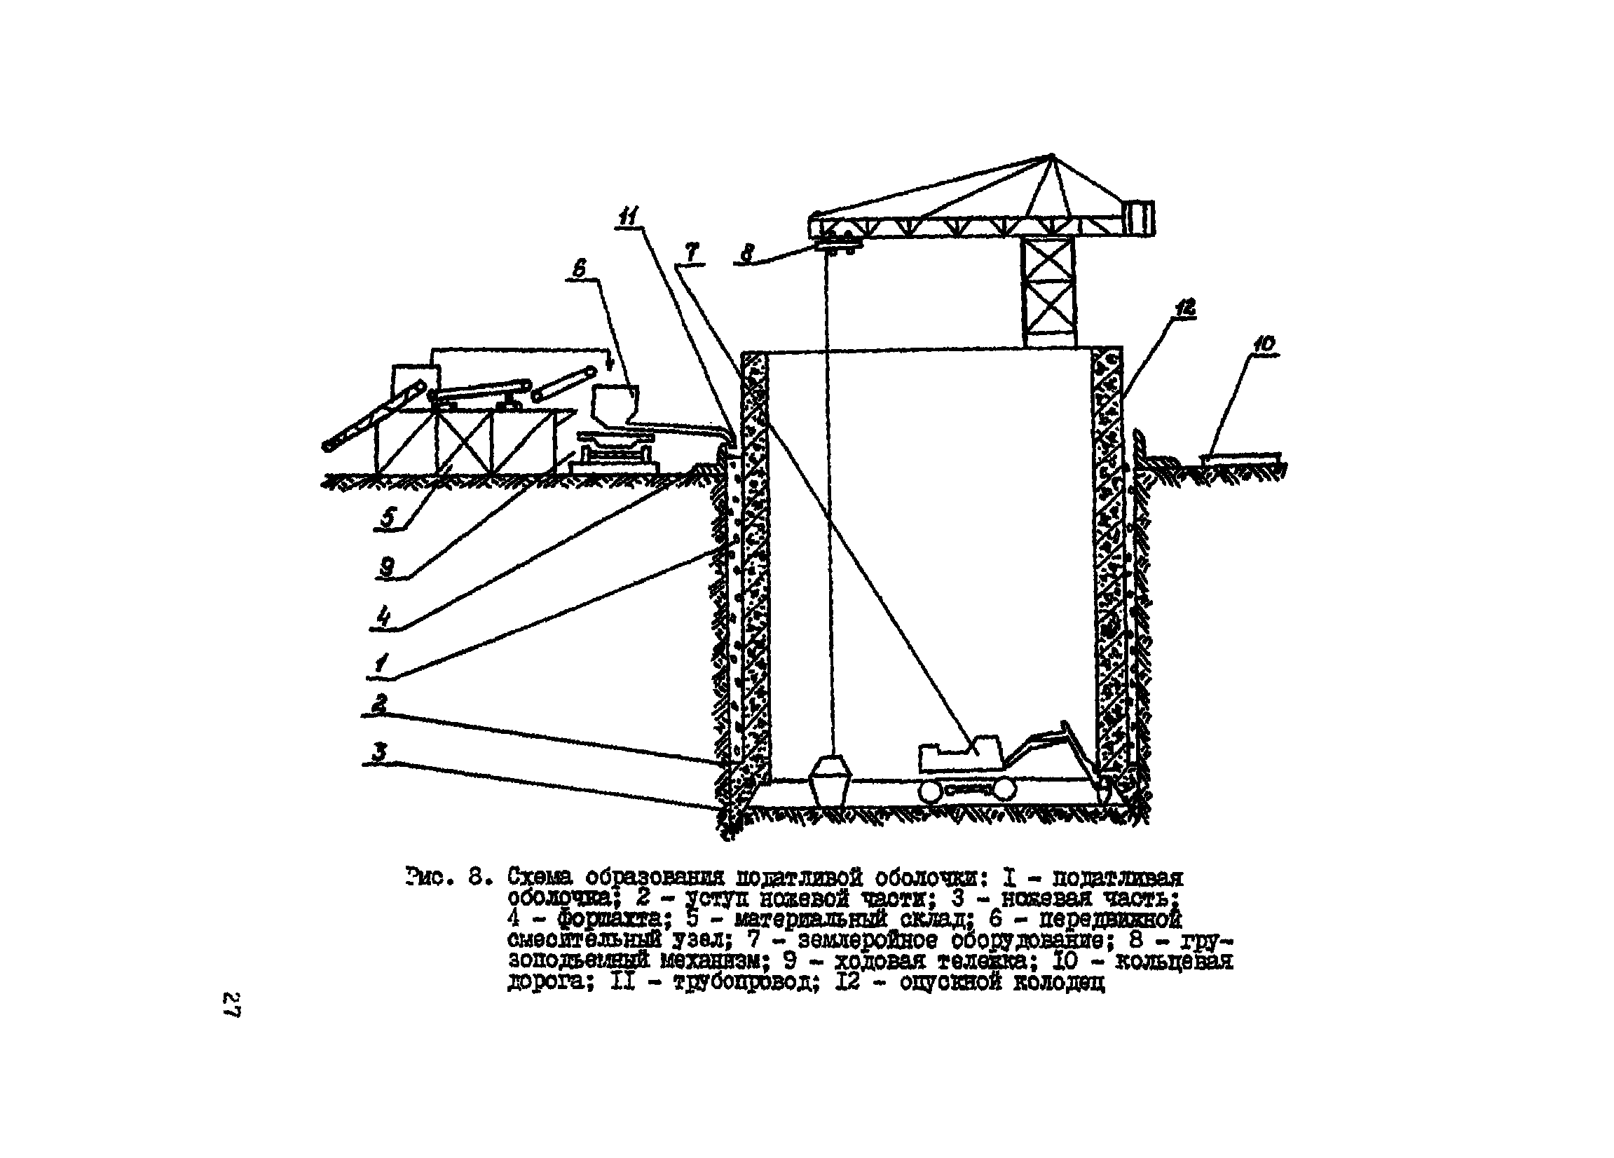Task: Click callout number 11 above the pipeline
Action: click(629, 216)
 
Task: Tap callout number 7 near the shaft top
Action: click(691, 252)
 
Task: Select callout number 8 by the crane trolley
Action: click(747, 253)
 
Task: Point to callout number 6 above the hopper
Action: click(580, 268)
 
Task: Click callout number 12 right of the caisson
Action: click(1185, 308)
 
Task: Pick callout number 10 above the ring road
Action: click(1264, 343)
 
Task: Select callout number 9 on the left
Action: click(387, 567)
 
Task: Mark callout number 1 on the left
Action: click(382, 664)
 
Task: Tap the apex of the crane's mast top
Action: click(1051, 156)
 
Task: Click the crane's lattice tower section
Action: click(1048, 292)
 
